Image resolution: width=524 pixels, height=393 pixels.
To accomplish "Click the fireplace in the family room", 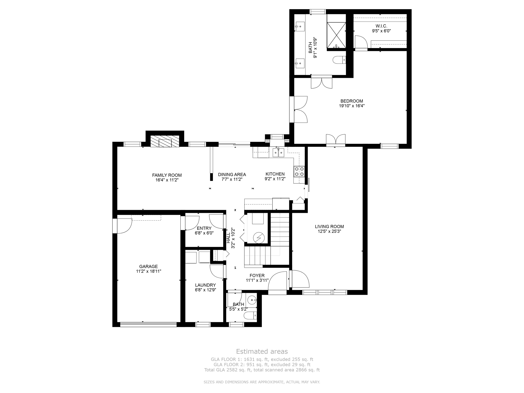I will (x=165, y=141).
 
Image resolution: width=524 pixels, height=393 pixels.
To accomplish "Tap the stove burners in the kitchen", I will (x=299, y=171).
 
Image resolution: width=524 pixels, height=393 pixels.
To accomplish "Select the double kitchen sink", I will (x=278, y=153).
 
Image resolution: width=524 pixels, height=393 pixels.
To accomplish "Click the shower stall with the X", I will (x=336, y=35).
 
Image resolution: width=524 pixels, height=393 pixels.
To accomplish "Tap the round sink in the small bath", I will (x=252, y=300).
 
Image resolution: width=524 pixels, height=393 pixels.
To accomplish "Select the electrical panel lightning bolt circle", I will (x=258, y=238).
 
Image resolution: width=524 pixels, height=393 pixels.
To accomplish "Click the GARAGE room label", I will (x=148, y=266).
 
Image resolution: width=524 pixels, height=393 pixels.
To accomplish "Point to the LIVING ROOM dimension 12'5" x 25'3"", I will (x=329, y=231).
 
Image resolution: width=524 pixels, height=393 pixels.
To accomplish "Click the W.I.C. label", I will (x=381, y=26).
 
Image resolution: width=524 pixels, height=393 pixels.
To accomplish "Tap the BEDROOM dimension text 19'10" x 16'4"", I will (x=352, y=106).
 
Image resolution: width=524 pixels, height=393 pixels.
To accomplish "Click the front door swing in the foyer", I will (x=278, y=281).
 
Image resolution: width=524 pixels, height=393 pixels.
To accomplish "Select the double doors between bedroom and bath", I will (x=322, y=82).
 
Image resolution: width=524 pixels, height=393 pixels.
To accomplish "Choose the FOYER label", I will (x=257, y=276).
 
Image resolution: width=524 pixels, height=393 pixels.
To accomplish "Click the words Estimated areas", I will (x=262, y=351).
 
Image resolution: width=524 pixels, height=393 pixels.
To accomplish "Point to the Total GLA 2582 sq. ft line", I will (x=262, y=370).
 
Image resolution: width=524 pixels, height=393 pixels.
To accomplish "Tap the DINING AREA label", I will (x=232, y=174).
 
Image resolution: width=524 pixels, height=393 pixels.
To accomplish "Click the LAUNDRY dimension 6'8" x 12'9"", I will (x=205, y=290).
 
